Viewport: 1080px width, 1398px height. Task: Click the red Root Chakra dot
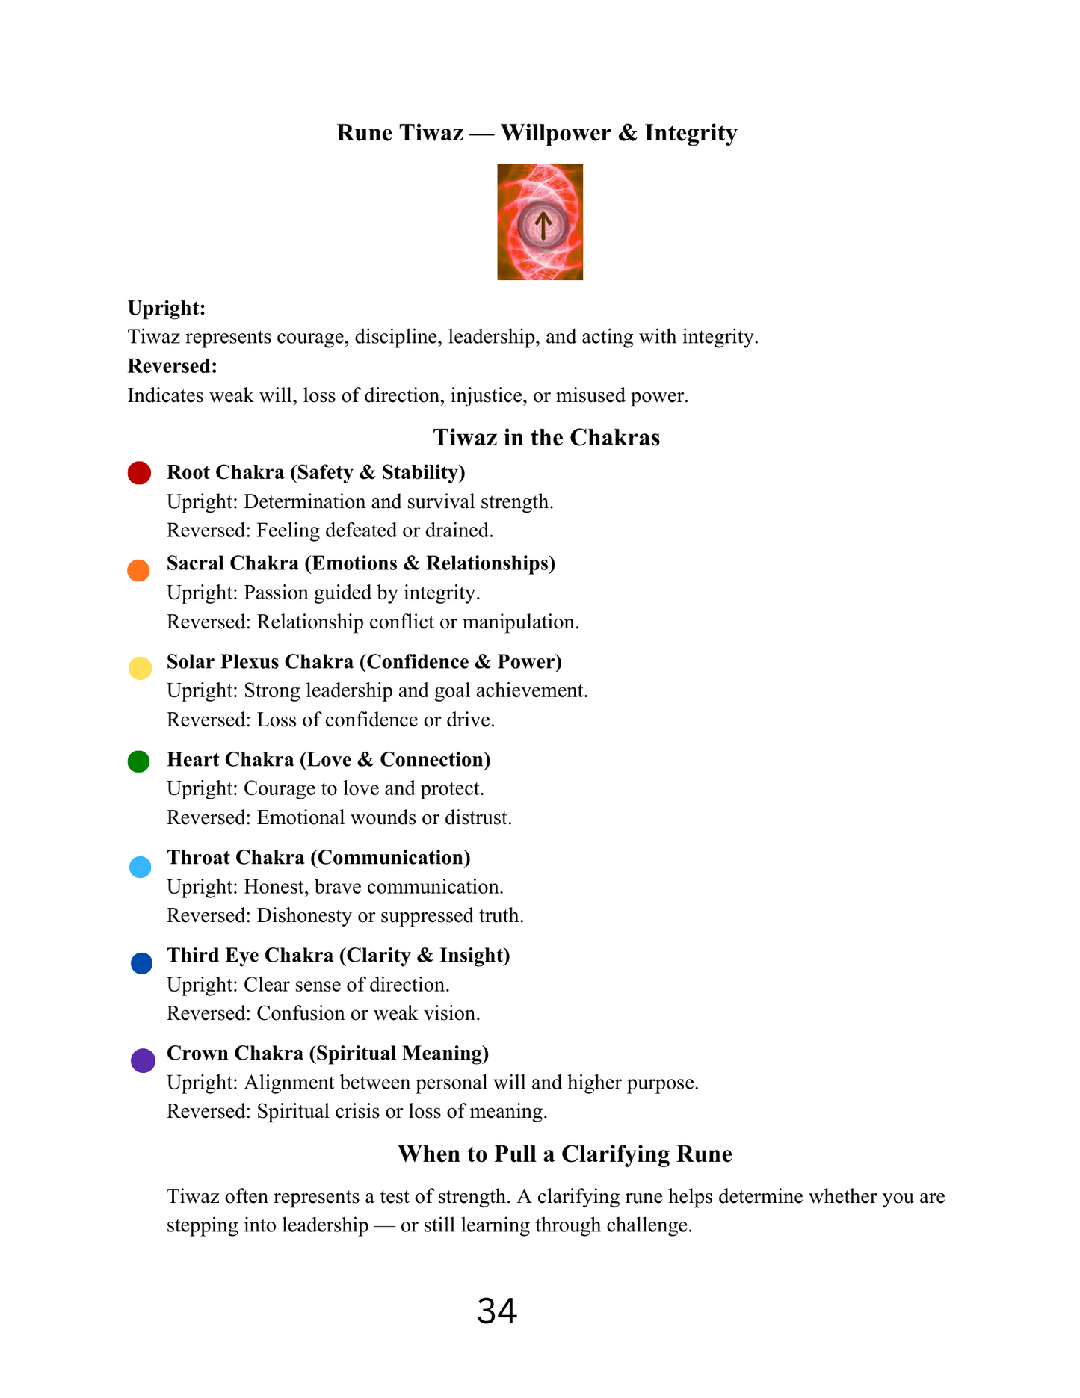point(139,473)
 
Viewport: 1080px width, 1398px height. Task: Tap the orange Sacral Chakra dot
point(138,571)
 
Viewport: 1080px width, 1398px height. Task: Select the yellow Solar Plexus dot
point(140,668)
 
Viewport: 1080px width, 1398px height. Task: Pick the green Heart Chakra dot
point(138,761)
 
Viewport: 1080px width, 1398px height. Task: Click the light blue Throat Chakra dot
point(140,867)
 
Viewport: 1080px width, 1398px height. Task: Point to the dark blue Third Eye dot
point(141,963)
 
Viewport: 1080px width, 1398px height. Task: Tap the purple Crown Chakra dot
point(143,1060)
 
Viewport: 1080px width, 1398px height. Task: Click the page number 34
point(497,1311)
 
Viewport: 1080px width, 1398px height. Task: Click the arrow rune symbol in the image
point(543,224)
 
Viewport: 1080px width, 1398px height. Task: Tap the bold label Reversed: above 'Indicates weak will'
point(173,366)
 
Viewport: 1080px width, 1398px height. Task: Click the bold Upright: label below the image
point(167,308)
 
